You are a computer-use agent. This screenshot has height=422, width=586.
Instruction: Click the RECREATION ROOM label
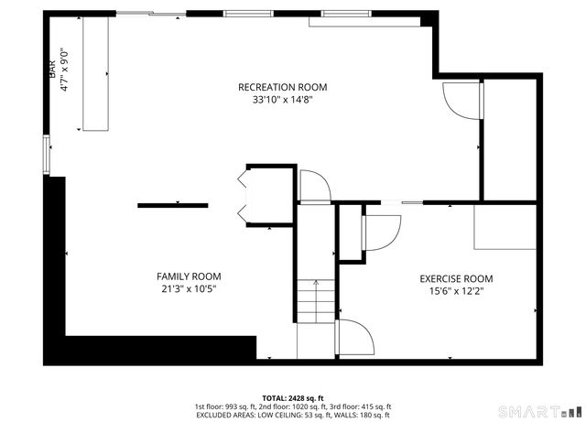click(282, 87)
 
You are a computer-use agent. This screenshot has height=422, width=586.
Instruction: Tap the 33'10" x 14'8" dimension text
click(282, 100)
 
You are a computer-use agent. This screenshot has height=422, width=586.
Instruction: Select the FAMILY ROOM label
click(188, 276)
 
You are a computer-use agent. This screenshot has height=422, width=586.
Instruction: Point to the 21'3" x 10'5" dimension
click(188, 288)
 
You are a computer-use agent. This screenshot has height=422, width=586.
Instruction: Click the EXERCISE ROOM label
click(456, 279)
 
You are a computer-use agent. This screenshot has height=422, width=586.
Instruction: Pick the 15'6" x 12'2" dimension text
click(456, 292)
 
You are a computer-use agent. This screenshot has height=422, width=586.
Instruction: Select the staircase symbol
click(316, 301)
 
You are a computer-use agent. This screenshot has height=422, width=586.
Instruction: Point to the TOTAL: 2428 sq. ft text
click(292, 397)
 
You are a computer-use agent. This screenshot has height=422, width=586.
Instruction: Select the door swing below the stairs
click(356, 340)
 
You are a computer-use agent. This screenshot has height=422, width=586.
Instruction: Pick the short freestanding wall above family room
click(172, 206)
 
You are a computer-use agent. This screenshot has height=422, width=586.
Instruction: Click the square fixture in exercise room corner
click(504, 226)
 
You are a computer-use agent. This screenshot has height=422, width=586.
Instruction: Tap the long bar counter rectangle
click(95, 73)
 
